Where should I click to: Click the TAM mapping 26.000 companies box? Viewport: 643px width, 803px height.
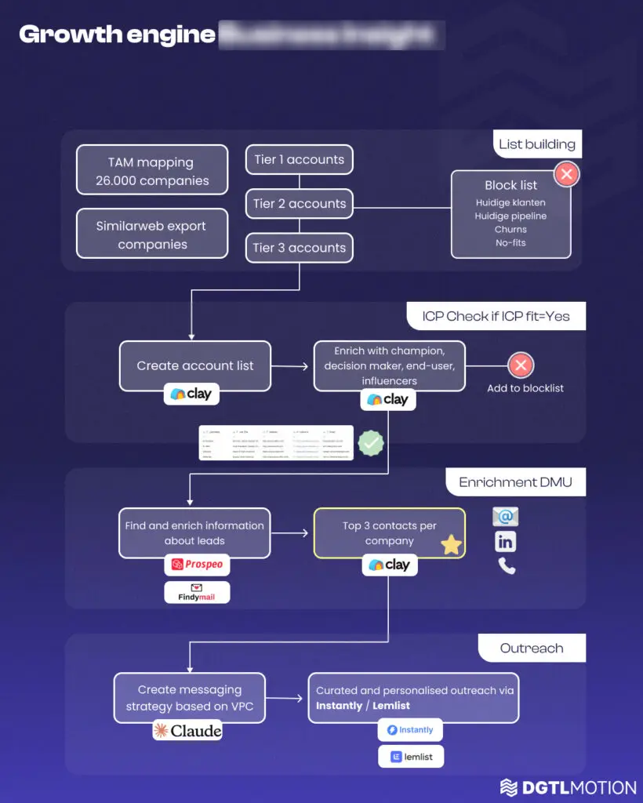point(152,171)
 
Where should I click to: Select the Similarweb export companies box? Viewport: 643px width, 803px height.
point(152,234)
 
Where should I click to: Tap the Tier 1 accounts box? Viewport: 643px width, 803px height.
point(299,159)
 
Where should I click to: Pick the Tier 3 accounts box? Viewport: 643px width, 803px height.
point(299,248)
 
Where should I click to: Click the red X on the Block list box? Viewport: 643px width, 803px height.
point(566,174)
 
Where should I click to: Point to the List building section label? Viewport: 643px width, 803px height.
point(537,144)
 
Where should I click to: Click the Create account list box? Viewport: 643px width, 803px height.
point(195,365)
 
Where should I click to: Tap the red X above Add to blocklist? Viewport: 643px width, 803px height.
point(521,365)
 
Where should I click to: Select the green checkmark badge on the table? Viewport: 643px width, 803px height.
point(371,443)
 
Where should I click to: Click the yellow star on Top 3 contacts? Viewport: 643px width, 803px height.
point(452,545)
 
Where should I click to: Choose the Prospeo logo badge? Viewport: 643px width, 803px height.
point(197,565)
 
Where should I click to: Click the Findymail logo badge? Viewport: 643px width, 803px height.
point(197,592)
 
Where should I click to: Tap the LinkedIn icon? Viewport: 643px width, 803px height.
point(506,541)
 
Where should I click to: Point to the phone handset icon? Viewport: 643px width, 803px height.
point(507,566)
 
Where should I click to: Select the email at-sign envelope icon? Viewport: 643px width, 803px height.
point(506,517)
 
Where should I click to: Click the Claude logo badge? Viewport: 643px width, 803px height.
point(187,731)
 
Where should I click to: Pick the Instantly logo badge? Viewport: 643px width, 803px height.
point(410,730)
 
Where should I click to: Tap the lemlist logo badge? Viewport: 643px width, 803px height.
point(410,757)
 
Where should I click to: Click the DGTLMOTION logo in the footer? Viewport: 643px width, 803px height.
point(568,787)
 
